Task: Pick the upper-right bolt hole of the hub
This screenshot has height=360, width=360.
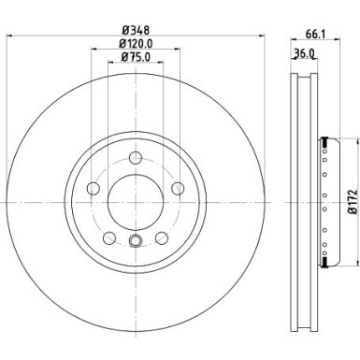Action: coord(172,183)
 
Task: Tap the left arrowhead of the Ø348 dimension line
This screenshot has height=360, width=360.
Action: coord(9,36)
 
